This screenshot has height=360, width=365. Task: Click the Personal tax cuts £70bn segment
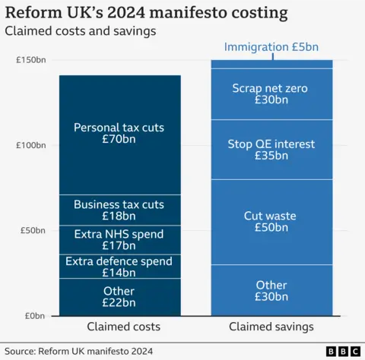(x=119, y=134)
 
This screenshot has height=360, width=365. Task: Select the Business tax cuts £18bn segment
(x=119, y=210)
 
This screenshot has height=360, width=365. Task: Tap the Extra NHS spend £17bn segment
(x=119, y=239)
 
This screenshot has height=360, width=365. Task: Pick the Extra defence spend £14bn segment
(x=119, y=267)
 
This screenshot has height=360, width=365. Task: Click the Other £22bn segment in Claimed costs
(x=119, y=297)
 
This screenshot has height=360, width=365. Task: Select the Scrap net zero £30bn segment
(x=271, y=93)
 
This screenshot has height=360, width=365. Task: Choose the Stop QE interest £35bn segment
(x=271, y=149)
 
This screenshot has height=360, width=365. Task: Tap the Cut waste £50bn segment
(x=271, y=221)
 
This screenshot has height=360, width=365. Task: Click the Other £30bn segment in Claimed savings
(x=271, y=290)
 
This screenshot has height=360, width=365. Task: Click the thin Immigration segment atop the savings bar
(x=271, y=64)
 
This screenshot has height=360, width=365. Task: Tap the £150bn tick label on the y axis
(x=31, y=60)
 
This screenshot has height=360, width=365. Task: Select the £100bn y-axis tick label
(x=31, y=145)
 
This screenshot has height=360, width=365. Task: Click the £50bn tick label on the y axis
(x=33, y=230)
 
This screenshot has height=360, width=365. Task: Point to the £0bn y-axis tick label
(x=36, y=315)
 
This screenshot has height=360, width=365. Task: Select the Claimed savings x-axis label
(x=271, y=327)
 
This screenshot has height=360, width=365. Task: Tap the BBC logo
(x=342, y=351)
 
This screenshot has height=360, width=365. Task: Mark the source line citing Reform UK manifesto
(x=79, y=351)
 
